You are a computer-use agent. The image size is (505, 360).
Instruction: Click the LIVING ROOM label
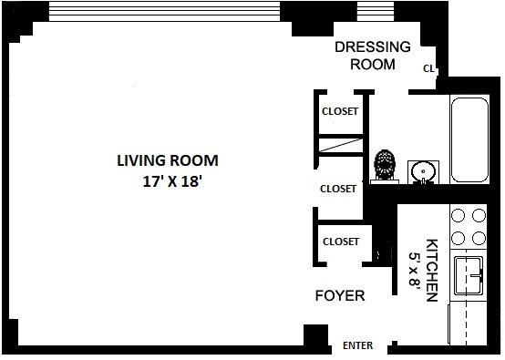coord(168,160)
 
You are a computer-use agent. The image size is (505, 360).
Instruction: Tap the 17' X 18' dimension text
coord(172,181)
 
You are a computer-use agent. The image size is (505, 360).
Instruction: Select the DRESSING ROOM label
coord(373,56)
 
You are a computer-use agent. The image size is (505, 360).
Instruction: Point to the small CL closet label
coord(428,68)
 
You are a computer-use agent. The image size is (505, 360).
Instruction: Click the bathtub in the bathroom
coord(469,140)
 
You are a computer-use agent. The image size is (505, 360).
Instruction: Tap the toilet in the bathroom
coord(385,166)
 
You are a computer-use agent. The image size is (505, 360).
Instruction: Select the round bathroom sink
coord(423,172)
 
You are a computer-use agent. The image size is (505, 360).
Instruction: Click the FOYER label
coord(340,295)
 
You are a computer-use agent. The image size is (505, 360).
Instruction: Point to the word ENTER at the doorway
coord(357,345)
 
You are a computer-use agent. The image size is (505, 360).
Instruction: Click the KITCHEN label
coord(431,270)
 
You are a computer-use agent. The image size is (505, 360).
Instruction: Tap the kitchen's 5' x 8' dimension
coord(415,269)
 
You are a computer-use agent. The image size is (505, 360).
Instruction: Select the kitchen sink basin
coord(469,275)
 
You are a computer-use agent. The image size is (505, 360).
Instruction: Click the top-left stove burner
coord(458,215)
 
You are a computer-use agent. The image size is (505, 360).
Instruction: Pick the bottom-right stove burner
coord(479,239)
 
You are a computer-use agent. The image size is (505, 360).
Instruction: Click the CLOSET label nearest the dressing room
coord(340,111)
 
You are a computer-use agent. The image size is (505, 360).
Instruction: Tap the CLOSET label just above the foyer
coord(341,242)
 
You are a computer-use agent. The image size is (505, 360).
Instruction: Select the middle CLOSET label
coord(338,189)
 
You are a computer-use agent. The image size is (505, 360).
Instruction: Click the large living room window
coord(164,12)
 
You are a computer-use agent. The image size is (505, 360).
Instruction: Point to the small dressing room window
coord(376,12)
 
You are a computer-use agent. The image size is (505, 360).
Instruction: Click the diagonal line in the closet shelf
coord(340,145)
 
